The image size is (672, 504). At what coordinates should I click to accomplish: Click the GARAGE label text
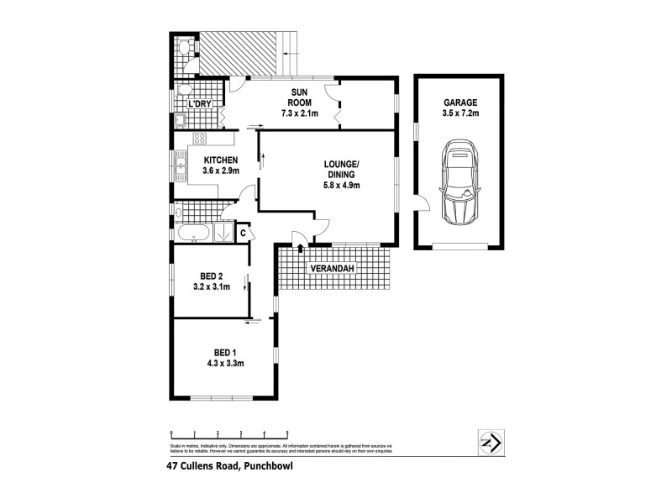459,102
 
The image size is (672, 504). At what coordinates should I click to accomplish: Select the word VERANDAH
332,269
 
